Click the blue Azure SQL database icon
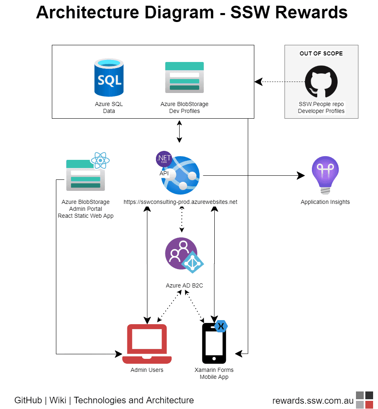point(109,77)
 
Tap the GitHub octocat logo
point(321,82)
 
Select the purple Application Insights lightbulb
point(325,175)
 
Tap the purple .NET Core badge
point(164,159)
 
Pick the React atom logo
point(100,160)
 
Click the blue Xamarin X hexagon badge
point(221,326)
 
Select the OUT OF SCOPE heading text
point(321,53)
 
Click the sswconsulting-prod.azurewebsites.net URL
point(180,202)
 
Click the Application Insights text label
point(325,202)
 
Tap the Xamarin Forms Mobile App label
point(214,373)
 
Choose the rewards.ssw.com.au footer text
point(313,400)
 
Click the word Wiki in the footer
point(58,400)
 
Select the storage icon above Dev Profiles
point(184,77)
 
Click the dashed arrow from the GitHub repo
point(282,82)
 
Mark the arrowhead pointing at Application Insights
point(301,175)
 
